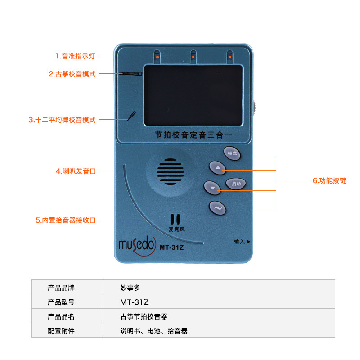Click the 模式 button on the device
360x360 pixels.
(x=232, y=153)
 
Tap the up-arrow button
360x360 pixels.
(x=218, y=168)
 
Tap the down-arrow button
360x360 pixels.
(x=212, y=187)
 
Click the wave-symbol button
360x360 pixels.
(x=218, y=207)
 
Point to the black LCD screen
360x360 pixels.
(x=193, y=95)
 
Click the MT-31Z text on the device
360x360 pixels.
(x=171, y=246)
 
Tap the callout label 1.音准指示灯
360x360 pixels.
(x=75, y=56)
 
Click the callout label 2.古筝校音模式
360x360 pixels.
(x=72, y=74)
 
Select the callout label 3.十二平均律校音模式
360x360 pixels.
(x=62, y=120)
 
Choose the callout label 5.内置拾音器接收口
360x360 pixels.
(x=66, y=220)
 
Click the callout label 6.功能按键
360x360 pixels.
(x=329, y=181)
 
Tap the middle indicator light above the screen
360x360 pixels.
(x=193, y=57)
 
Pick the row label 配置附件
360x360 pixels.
(x=61, y=331)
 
